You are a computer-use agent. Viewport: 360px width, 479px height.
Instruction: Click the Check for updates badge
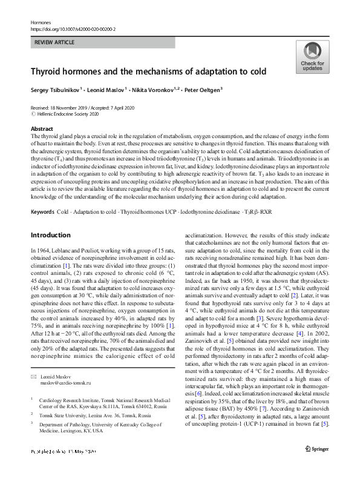coord(312,57)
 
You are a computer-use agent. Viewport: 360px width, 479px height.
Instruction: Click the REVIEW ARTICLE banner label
coord(54,42)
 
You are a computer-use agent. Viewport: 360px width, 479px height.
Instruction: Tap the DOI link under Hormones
coord(73,28)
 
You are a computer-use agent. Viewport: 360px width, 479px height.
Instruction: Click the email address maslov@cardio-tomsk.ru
coord(66,366)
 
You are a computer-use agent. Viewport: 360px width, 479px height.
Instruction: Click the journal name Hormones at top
coord(40,22)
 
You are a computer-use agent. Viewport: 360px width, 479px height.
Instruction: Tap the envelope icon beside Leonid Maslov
coord(33,360)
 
